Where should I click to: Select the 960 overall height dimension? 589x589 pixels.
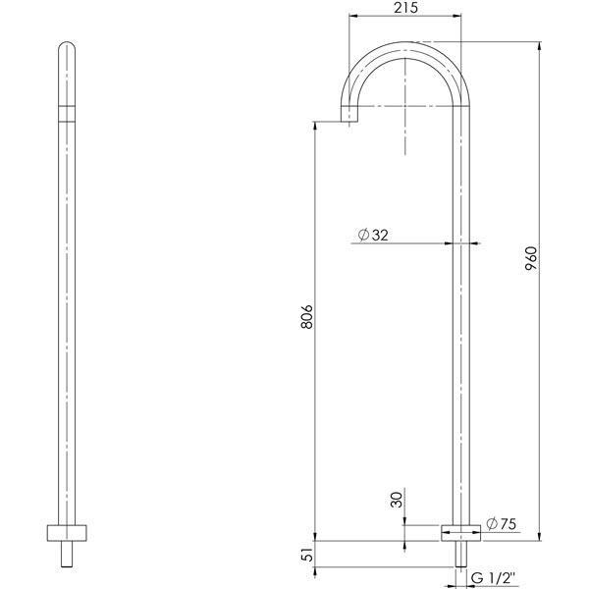coord(530,258)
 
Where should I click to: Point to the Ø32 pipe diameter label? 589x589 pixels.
coord(375,236)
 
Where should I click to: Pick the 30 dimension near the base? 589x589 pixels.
coord(397,500)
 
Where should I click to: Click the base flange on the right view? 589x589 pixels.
coord(459,531)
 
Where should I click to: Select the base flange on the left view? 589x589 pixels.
coord(67,534)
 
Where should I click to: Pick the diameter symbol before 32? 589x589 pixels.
coord(363,236)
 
